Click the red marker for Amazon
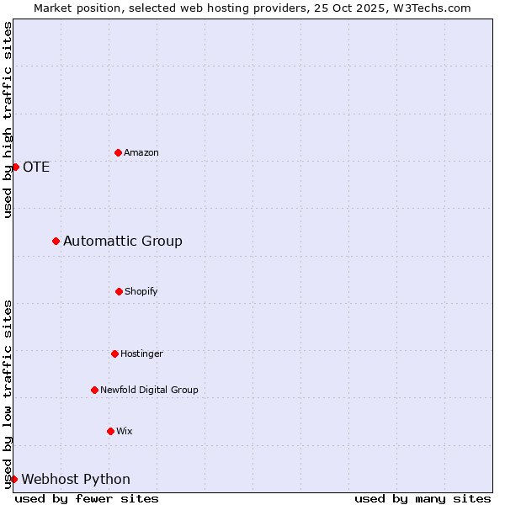118,152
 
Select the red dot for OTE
15,167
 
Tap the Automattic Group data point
56,241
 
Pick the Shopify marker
119,291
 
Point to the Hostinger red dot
114,353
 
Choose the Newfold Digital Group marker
94,390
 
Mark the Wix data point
110,431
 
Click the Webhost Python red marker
13,479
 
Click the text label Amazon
141,152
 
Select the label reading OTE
36,167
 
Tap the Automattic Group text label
123,242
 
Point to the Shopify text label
141,291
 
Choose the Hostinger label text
141,353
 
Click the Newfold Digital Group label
149,390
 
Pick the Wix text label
125,431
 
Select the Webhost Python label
76,480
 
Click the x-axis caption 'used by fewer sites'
87,498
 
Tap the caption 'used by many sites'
423,498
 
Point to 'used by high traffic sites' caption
8,120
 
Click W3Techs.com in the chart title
429,8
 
